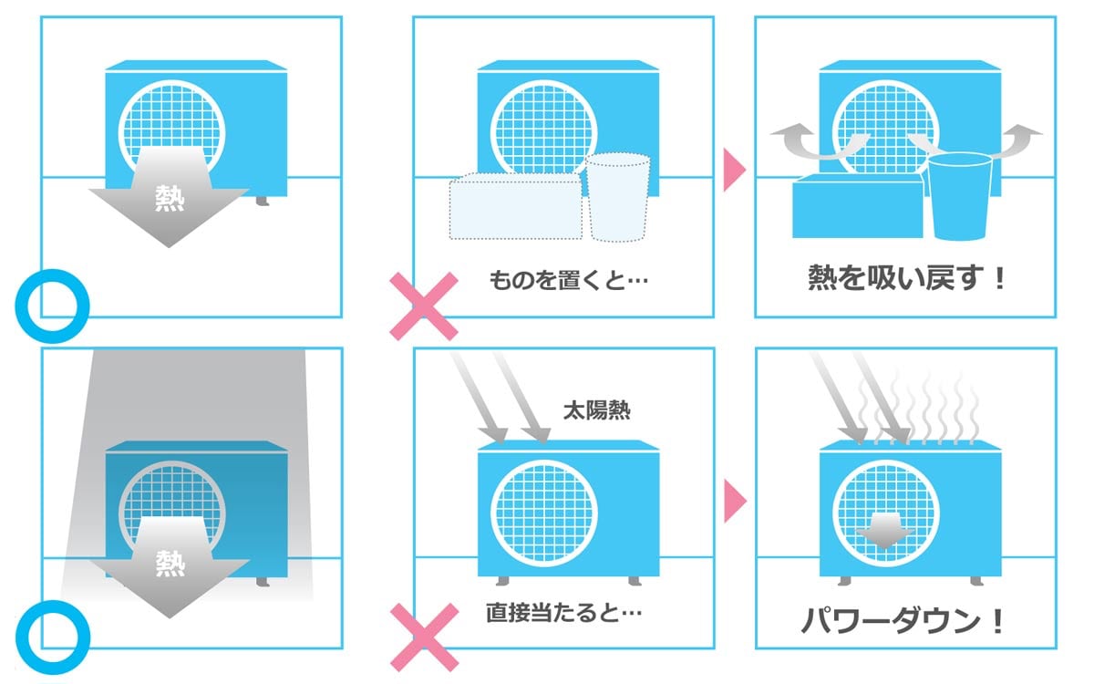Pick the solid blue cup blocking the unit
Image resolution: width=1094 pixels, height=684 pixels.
point(959,196)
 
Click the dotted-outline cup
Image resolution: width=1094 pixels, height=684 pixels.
point(617,196)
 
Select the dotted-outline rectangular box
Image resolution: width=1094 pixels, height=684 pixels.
point(515,207)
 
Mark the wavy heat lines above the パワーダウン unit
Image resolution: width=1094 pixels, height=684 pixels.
point(921,406)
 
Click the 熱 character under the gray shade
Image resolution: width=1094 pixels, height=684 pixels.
point(169,563)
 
